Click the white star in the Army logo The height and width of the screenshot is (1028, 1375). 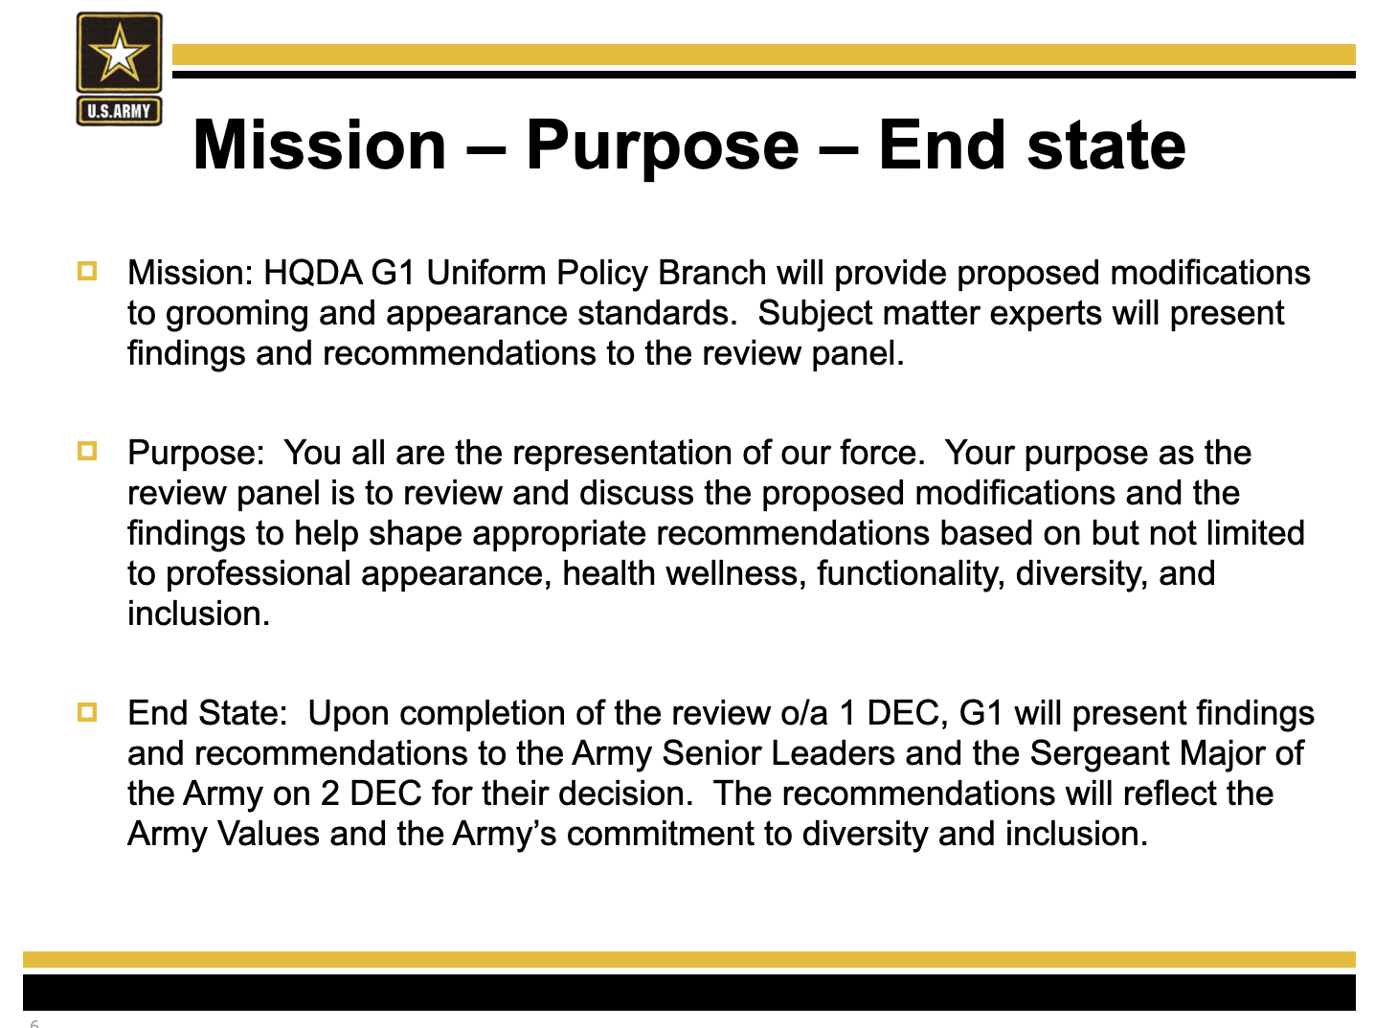click(x=119, y=54)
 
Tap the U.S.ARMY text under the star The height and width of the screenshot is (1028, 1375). click(x=119, y=111)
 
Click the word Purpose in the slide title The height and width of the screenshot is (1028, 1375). click(x=663, y=147)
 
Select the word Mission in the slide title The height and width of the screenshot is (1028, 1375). click(x=320, y=145)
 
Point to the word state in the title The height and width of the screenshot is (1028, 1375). click(x=1106, y=146)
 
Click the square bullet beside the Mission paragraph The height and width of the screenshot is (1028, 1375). click(x=87, y=271)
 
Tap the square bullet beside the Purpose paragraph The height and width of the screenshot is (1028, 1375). click(x=87, y=451)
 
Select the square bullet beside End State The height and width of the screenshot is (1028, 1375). click(x=87, y=712)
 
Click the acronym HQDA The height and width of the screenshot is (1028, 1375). click(x=312, y=273)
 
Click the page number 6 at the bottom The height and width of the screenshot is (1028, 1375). click(x=34, y=1023)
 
